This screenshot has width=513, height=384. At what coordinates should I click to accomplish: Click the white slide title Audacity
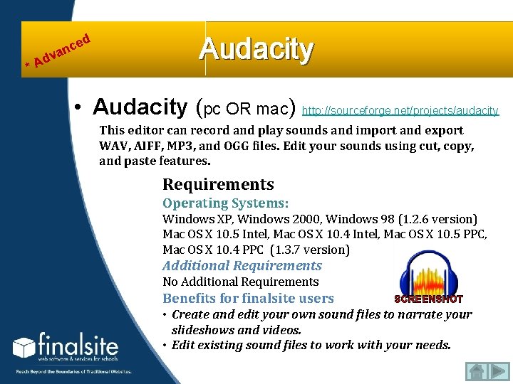[256, 49]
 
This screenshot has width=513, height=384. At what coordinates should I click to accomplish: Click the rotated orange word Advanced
[61, 51]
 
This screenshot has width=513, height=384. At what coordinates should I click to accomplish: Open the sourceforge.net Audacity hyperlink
[400, 111]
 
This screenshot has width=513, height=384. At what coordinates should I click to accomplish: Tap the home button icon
[477, 370]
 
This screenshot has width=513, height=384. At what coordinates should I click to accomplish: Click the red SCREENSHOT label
[428, 299]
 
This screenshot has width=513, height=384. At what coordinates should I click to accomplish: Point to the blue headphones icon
[427, 274]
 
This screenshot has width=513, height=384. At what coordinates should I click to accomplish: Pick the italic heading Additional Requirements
[242, 266]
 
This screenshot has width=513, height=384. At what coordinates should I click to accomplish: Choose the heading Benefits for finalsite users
[248, 299]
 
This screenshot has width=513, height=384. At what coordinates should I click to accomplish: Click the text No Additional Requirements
[240, 282]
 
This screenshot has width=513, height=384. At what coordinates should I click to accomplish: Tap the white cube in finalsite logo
[24, 348]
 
